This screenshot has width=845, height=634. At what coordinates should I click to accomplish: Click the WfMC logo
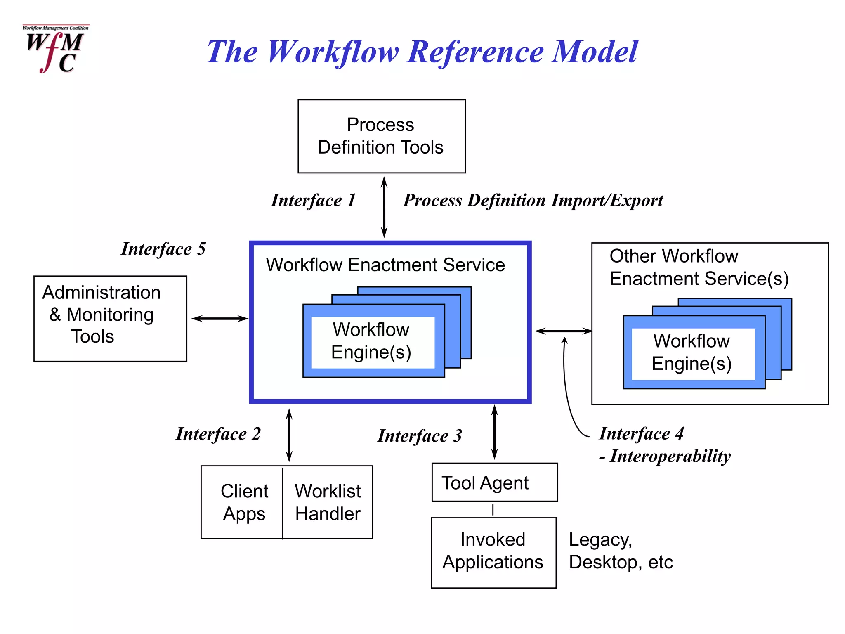point(55,49)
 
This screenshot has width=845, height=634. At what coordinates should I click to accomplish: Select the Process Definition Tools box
point(381,136)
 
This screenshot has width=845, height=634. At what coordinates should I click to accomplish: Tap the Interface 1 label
point(313,201)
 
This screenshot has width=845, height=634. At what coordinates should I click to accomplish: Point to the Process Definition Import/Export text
point(533,201)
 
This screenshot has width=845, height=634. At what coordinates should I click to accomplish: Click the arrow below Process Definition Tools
point(384,207)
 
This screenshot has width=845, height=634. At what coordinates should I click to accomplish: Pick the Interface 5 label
point(163,249)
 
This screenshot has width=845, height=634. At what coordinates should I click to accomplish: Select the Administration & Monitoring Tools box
point(110,318)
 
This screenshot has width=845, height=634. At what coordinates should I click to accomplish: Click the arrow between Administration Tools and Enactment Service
point(220,318)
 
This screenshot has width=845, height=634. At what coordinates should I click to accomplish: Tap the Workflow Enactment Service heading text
point(385,265)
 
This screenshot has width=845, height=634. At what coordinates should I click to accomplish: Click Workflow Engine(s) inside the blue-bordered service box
point(372,341)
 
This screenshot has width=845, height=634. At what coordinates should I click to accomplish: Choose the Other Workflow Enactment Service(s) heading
point(699,267)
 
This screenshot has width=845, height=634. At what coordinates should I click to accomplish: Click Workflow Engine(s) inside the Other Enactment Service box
point(692,352)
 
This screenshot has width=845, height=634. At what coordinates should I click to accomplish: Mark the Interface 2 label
point(218,434)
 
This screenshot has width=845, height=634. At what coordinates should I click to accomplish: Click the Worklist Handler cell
point(328,502)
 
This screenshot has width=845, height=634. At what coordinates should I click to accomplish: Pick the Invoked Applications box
point(493,552)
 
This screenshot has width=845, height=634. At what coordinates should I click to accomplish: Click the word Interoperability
point(670,457)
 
